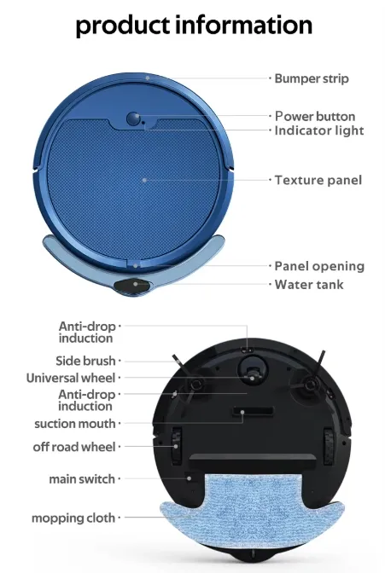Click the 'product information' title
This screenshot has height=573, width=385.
tap(194, 24)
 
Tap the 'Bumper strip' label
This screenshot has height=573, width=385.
tap(312, 78)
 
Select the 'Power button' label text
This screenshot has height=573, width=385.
tap(315, 116)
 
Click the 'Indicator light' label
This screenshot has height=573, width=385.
tap(319, 130)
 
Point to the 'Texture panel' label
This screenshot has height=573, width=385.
tap(318, 180)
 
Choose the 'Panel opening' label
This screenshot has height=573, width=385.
tap(319, 266)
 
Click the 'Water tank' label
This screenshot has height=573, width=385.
tap(309, 284)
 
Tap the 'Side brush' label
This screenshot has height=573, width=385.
tap(85, 361)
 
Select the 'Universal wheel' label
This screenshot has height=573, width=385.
tap(71, 378)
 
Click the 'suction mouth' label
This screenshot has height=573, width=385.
tap(74, 424)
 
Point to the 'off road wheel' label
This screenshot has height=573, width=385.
tap(74, 447)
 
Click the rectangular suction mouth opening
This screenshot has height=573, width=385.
tap(248, 414)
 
